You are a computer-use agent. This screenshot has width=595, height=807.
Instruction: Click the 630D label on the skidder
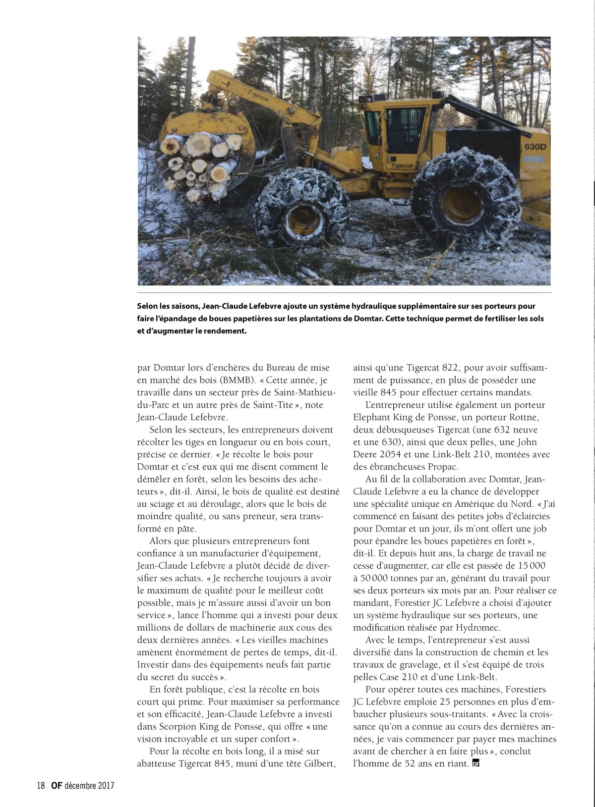(535, 147)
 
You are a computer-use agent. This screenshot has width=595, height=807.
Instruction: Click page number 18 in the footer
(41, 786)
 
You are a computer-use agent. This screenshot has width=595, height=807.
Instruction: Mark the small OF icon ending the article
(476, 764)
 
